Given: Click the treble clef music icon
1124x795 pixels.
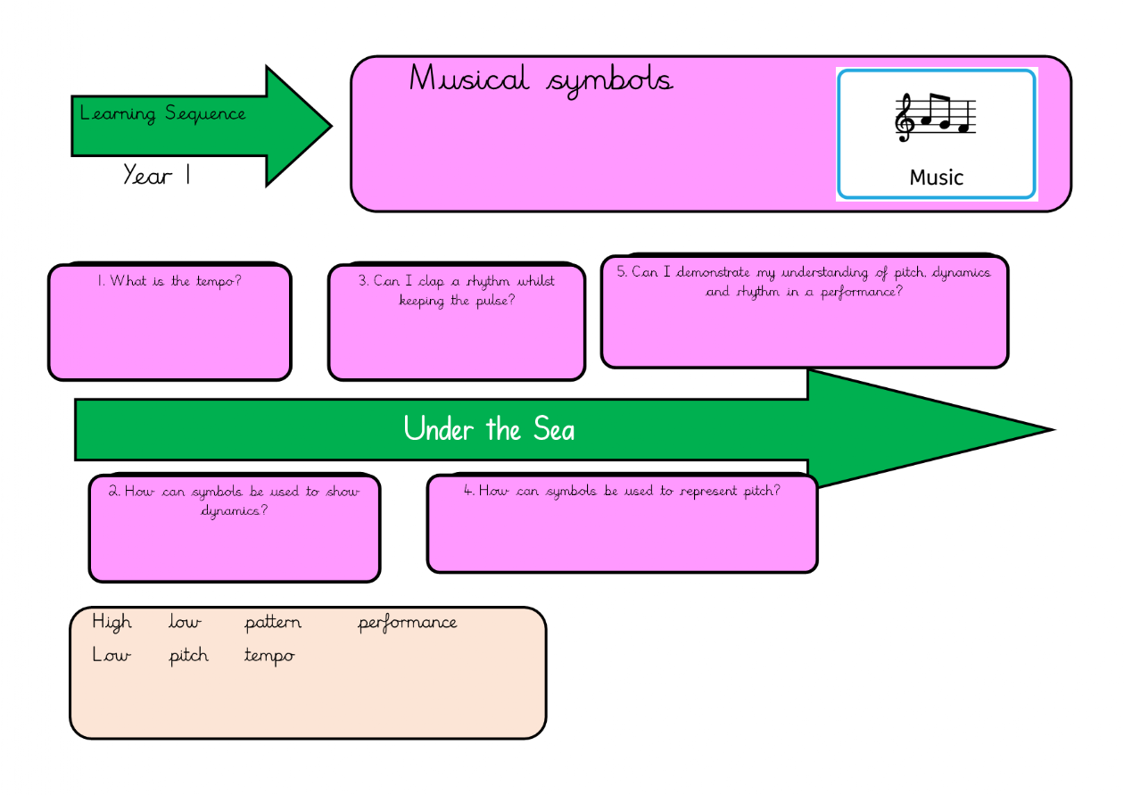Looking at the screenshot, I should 935,117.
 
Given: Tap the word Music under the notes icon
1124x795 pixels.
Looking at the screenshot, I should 936,178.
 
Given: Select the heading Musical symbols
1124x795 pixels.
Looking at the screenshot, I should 541,80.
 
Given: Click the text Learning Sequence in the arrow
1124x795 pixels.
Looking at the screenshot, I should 162,113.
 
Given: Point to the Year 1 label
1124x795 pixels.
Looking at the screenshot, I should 157,175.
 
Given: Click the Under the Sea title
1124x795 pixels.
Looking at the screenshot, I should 489,430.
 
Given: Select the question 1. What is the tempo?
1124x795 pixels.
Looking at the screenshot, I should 169,281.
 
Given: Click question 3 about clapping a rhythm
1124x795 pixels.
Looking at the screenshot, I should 457,291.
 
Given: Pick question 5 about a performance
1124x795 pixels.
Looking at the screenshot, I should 804,282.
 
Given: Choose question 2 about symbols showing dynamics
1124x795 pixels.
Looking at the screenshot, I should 235,501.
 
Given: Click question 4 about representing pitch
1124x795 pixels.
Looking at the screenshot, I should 622,491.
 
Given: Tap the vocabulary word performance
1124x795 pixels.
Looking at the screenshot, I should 408,623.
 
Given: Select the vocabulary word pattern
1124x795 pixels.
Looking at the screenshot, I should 273,623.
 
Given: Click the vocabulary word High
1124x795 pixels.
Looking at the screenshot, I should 112,622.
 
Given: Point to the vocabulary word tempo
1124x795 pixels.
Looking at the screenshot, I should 269,657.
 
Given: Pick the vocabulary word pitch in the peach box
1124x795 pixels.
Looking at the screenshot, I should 189,656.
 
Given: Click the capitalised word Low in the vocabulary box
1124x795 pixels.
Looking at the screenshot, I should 112,656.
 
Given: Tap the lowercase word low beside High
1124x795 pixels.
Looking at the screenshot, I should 185,622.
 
